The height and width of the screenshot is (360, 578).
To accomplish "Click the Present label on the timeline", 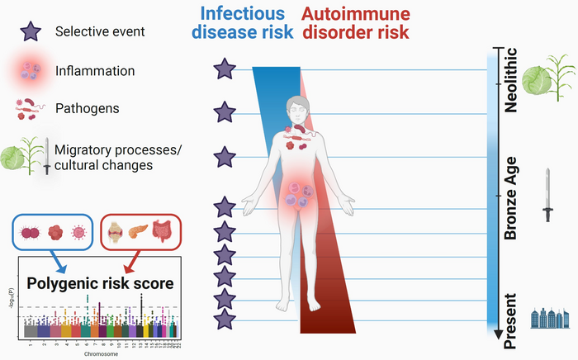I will pyautogui.click(x=510, y=315).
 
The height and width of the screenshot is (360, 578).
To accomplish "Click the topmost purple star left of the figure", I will pyautogui.click(x=224, y=69).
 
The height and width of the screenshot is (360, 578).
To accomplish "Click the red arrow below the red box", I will pyautogui.click(x=129, y=264).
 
